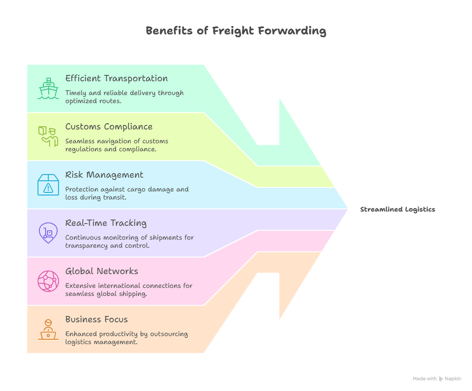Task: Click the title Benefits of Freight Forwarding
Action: click(x=236, y=31)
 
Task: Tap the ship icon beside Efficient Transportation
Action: click(x=48, y=89)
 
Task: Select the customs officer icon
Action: click(x=48, y=137)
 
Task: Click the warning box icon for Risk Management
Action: click(x=48, y=185)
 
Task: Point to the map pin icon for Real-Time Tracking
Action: click(x=48, y=233)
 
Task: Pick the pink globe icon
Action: click(x=48, y=281)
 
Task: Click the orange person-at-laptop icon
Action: click(x=48, y=329)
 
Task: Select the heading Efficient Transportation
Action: click(x=117, y=79)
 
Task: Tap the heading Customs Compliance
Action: click(x=109, y=127)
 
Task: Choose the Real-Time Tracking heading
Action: click(x=106, y=223)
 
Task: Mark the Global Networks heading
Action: click(x=101, y=271)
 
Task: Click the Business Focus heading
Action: click(x=97, y=320)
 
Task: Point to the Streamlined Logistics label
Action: click(x=397, y=209)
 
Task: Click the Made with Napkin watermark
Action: click(x=437, y=379)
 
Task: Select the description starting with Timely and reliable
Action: click(x=124, y=97)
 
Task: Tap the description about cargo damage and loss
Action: click(x=127, y=193)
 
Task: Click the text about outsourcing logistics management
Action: click(x=126, y=338)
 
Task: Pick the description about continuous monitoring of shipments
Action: click(x=129, y=241)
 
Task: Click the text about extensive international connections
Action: click(x=129, y=290)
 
